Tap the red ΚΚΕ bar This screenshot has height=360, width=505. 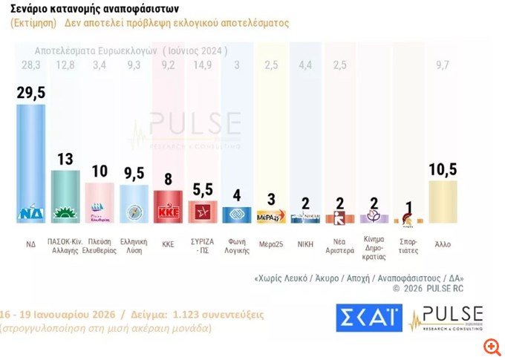tap(169, 206)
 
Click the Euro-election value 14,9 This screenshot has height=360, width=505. tap(202, 66)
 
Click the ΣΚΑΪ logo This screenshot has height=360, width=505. tap(368, 318)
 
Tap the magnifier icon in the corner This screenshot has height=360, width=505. tap(489, 347)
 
